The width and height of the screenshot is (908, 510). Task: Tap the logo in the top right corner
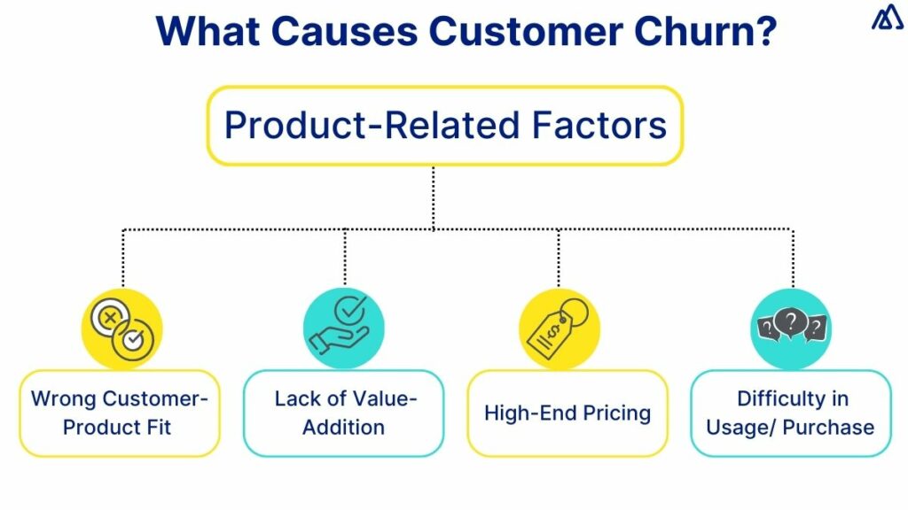click(x=887, y=19)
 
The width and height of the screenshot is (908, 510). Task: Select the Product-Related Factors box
click(x=445, y=126)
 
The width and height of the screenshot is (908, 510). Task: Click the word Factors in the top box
click(x=599, y=126)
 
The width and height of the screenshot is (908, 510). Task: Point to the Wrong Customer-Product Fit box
click(x=120, y=413)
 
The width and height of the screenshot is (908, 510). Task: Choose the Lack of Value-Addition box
click(x=344, y=413)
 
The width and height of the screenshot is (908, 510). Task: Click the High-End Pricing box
click(x=567, y=413)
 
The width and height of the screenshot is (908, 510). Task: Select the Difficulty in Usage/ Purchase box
click(x=791, y=413)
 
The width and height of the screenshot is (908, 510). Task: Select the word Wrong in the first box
click(x=63, y=398)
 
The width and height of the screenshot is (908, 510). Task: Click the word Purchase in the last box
click(x=828, y=427)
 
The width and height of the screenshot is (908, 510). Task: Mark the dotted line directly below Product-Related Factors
click(x=433, y=197)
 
